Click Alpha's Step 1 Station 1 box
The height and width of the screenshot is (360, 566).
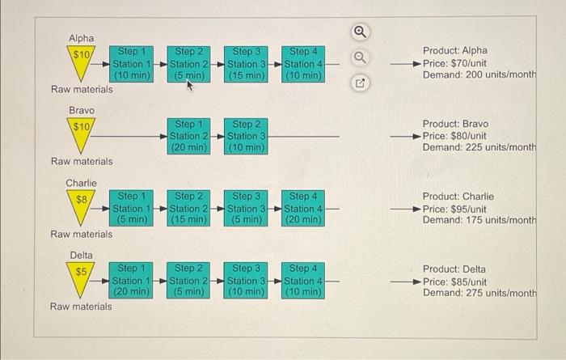[131, 64]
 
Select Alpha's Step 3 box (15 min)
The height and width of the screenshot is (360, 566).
[246, 64]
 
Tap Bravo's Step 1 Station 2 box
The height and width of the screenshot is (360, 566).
[188, 136]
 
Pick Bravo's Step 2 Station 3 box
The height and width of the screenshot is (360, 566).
[246, 136]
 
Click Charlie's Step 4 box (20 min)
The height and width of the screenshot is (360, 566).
[303, 209]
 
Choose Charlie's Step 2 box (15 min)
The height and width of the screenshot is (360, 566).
[188, 209]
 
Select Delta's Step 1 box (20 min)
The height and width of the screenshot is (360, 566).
[131, 281]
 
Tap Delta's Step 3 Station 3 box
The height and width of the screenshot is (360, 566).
[246, 281]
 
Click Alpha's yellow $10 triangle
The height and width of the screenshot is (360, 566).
[81, 60]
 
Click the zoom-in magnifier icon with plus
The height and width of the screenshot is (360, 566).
[360, 32]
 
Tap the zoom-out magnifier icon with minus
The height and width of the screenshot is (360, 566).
[360, 57]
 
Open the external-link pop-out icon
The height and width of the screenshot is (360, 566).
[360, 83]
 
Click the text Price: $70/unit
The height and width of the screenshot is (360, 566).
[454, 63]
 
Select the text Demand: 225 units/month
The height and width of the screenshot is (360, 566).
[479, 147]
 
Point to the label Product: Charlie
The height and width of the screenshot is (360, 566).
[458, 197]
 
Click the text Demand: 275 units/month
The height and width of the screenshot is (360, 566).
[479, 293]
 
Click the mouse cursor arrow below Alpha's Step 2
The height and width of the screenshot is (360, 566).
[189, 86]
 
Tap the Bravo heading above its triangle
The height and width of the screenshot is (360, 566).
[82, 110]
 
